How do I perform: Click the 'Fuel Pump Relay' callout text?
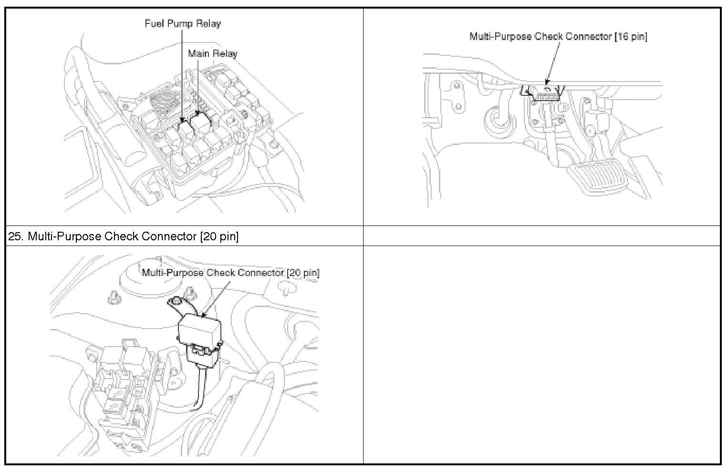[183, 23]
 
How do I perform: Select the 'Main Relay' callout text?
[212, 53]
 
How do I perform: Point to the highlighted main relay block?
[201, 123]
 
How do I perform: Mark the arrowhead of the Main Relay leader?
[198, 114]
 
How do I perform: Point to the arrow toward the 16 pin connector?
[549, 81]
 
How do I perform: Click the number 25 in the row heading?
[14, 236]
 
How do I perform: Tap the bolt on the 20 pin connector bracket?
[177, 301]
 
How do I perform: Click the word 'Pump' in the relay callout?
[182, 23]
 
